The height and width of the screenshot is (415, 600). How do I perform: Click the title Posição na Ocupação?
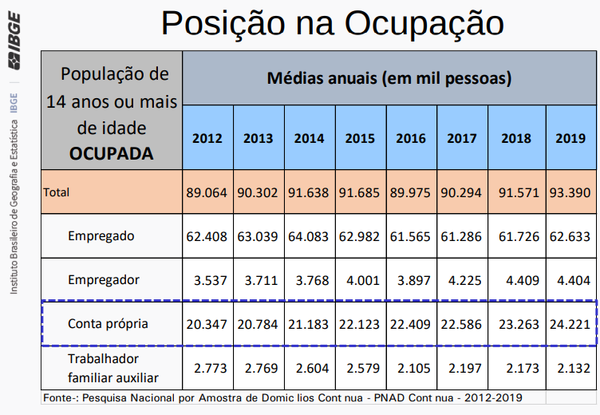[332, 23]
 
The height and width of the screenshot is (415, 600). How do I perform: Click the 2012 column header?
[207, 138]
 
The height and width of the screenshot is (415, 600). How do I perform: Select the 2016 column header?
[411, 138]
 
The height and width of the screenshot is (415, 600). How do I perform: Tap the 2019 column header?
[570, 138]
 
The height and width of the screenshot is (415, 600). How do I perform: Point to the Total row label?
[57, 192]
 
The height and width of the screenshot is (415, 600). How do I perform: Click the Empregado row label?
[101, 236]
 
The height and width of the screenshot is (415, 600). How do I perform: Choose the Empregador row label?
[104, 279]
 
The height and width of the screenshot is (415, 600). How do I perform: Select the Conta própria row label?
[109, 323]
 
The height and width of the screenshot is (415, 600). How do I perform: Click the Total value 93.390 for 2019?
[570, 193]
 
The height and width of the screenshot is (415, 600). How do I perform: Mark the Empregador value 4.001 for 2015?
[360, 280]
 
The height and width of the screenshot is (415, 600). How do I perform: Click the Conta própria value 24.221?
[570, 324]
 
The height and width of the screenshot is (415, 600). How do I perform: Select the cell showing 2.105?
[411, 368]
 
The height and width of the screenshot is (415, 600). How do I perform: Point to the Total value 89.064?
[207, 193]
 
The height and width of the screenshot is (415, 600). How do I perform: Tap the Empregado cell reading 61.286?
[462, 237]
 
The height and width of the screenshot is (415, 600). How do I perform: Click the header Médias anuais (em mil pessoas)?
[389, 79]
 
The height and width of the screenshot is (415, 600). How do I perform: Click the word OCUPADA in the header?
[112, 153]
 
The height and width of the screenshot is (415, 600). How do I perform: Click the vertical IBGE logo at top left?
[15, 40]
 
